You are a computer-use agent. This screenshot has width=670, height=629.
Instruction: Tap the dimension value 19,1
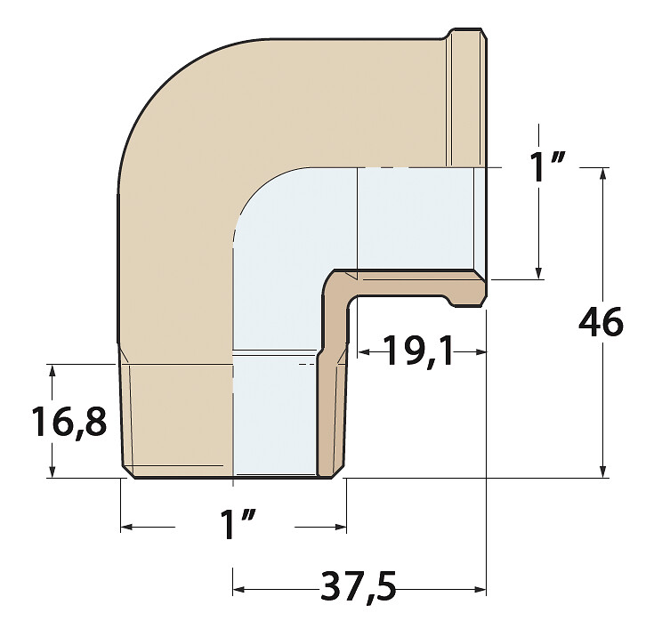[418, 351]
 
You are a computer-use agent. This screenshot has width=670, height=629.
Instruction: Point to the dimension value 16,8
[69, 422]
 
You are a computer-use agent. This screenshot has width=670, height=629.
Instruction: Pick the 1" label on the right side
[547, 167]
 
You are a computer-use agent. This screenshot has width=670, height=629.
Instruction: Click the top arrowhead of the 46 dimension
[602, 173]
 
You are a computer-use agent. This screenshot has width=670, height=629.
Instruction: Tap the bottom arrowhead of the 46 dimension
[602, 472]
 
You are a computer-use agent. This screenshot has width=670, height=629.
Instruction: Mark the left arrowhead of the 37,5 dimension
[238, 590]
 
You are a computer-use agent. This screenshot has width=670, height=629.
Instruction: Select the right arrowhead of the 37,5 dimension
[480, 590]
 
